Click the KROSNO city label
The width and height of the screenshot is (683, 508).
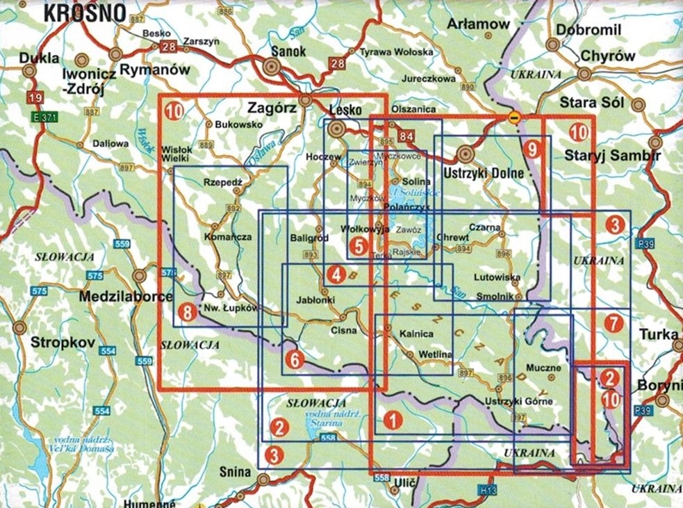85,12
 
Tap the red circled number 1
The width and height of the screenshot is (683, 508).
393,419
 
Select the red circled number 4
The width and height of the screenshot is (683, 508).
337,275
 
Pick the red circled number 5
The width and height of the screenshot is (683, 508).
359,245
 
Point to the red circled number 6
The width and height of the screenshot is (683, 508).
295,359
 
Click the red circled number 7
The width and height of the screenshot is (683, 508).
612,322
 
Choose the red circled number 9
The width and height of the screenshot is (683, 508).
532,147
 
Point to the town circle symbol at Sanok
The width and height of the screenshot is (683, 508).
272,67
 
